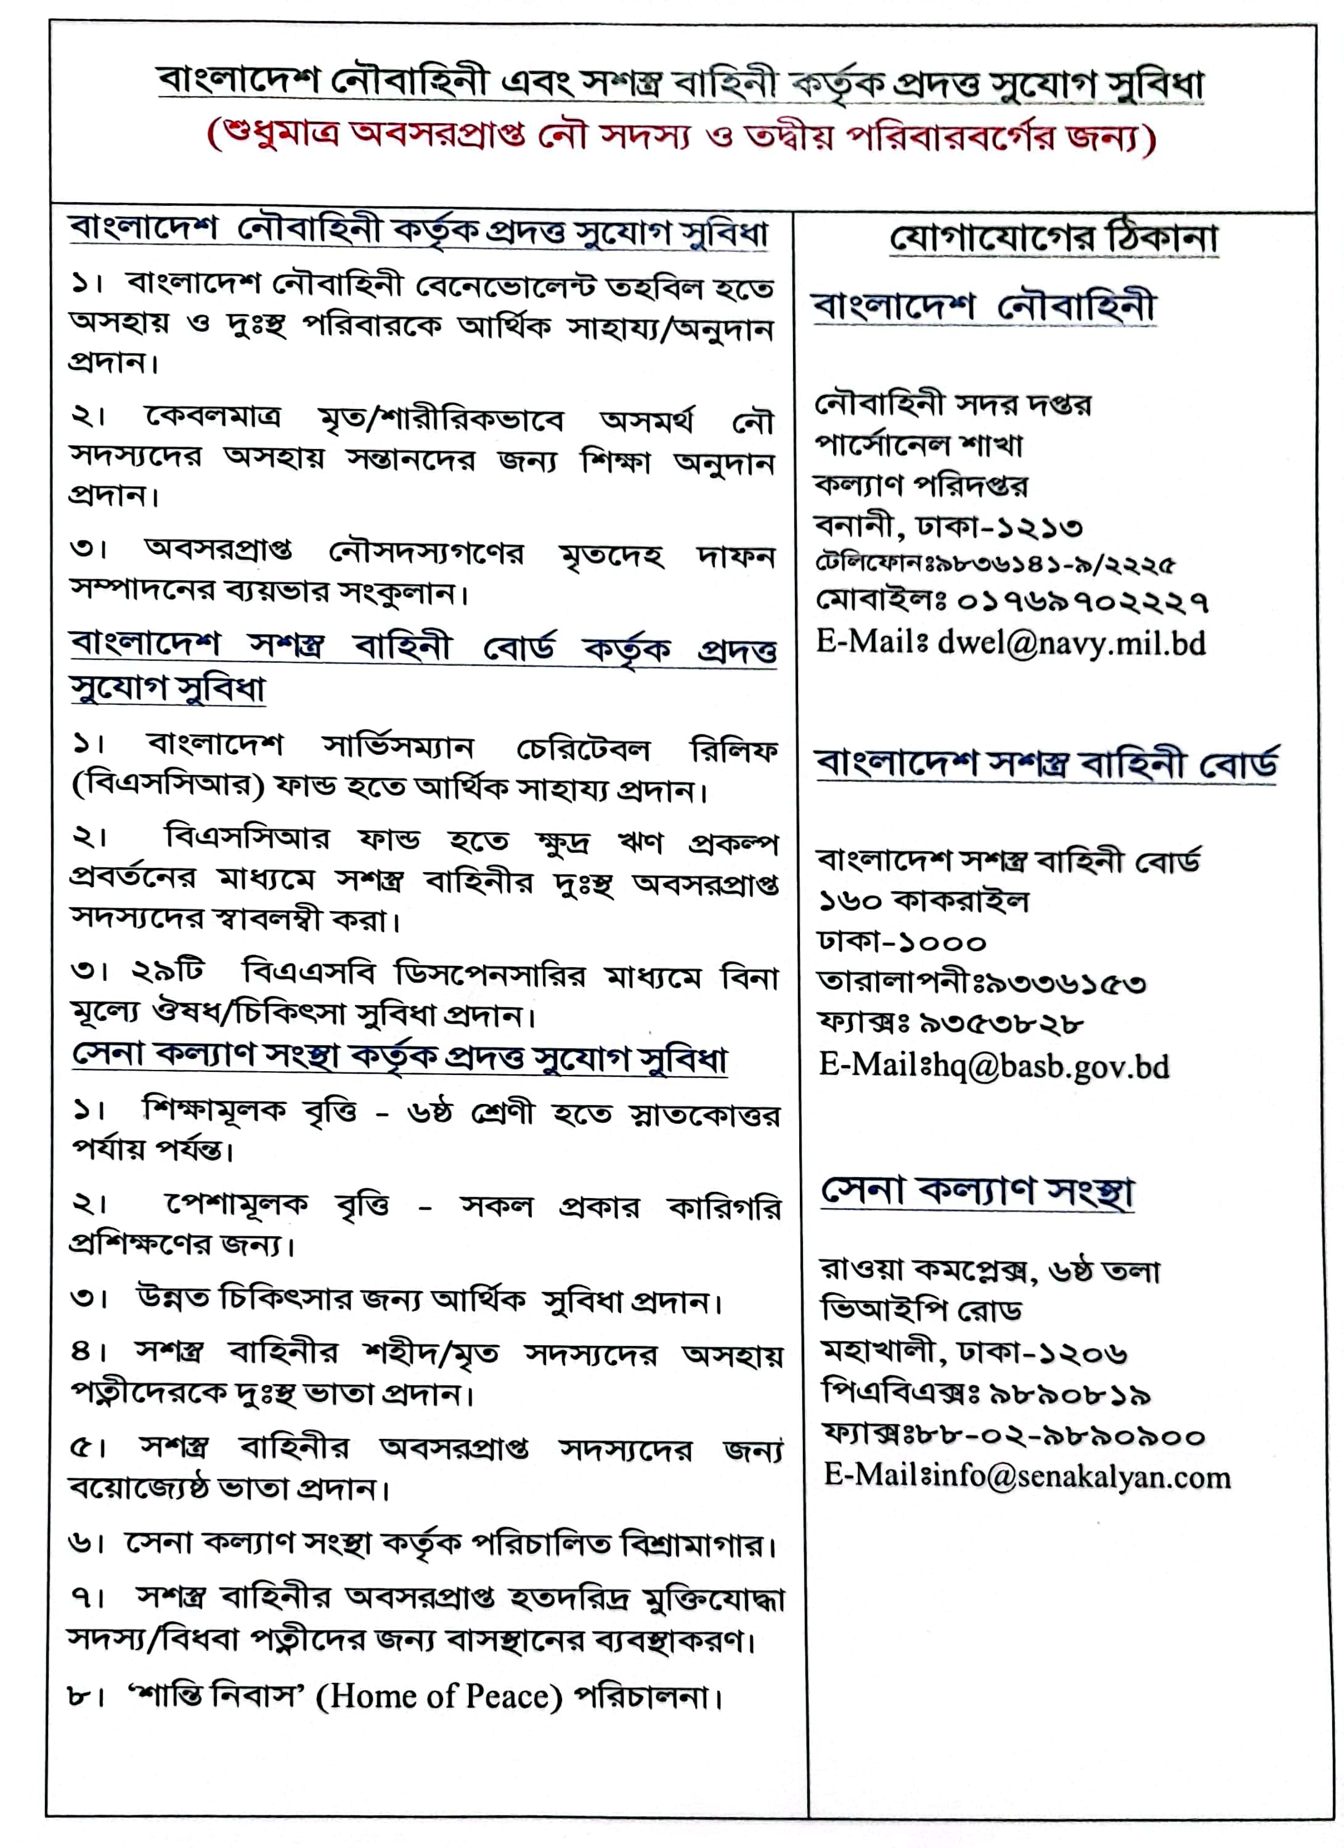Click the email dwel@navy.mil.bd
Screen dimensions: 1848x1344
coord(1071,644)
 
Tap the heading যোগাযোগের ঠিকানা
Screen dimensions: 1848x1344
coord(1054,239)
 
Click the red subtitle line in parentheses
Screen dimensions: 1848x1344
coord(682,139)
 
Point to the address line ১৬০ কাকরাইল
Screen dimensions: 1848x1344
coord(924,901)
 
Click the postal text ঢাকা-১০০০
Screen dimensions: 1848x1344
coord(902,942)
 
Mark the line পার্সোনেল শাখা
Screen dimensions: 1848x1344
coord(919,445)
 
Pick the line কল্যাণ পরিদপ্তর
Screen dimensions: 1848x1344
coord(921,487)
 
